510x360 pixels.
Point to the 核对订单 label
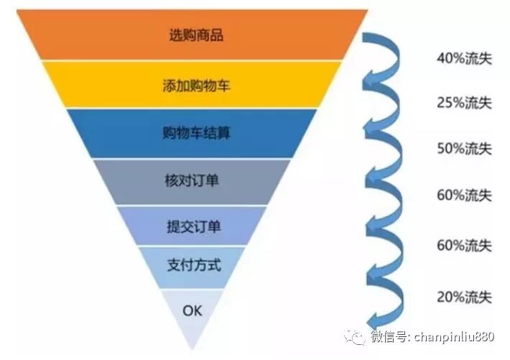click(192, 180)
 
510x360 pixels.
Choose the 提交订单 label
click(192, 227)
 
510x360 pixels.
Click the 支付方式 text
click(192, 265)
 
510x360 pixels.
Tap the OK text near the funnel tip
click(193, 310)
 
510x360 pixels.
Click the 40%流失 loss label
click(463, 57)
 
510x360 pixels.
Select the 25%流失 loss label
click(463, 103)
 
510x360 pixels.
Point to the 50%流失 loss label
click(463, 149)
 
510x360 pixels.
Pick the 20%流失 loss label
click(463, 296)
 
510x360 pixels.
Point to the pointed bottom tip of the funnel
click(193, 349)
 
